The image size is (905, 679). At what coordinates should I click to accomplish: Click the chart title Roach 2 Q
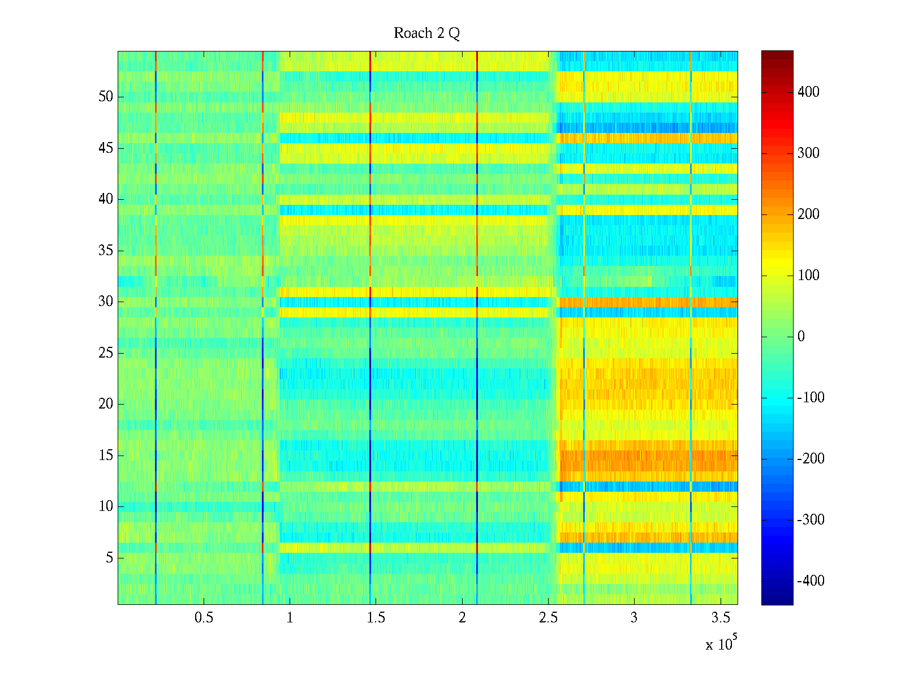426,33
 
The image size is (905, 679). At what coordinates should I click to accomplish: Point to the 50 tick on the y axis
106,97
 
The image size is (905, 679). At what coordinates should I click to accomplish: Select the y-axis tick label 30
106,302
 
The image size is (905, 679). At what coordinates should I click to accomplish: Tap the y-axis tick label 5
109,558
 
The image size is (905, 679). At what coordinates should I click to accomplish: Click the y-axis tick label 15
106,455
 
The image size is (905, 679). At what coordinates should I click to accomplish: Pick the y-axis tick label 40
106,199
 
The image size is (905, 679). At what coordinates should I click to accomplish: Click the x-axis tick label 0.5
204,618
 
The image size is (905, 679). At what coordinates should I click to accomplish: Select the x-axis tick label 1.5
376,618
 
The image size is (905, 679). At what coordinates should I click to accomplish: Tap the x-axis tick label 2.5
548,618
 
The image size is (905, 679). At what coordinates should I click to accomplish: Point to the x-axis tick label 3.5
720,618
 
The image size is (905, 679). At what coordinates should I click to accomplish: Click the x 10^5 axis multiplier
721,644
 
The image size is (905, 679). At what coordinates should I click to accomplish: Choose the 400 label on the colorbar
808,92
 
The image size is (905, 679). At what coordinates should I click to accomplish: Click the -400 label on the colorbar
811,581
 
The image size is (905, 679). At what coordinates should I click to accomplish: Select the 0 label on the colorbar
801,337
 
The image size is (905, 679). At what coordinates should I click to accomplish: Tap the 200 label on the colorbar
808,214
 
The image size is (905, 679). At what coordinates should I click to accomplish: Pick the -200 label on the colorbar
811,459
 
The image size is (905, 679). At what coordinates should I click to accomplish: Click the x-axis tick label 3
634,618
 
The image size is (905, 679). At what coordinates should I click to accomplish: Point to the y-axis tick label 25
106,353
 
